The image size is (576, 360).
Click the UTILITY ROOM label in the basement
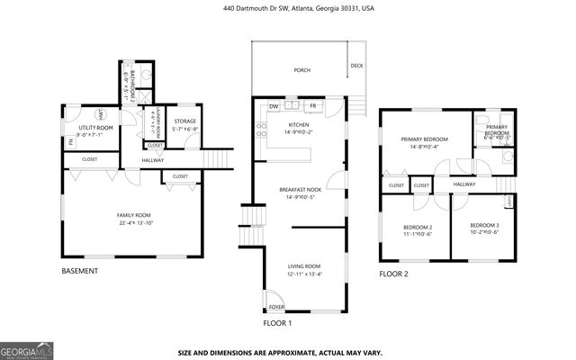[94, 129]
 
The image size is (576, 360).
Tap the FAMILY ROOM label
[134, 214]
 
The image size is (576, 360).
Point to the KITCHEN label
[299, 125]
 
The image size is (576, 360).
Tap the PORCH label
[302, 70]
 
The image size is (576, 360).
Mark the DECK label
[356, 66]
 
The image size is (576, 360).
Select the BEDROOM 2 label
[418, 227]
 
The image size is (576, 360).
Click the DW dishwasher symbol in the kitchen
[274, 106]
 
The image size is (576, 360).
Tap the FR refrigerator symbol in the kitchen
[314, 106]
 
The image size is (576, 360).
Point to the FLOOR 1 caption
[277, 323]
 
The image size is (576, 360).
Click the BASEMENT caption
[79, 271]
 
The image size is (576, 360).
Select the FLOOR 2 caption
[393, 274]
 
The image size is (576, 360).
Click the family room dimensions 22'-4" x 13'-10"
[134, 222]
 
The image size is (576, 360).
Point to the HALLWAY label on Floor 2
[464, 184]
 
